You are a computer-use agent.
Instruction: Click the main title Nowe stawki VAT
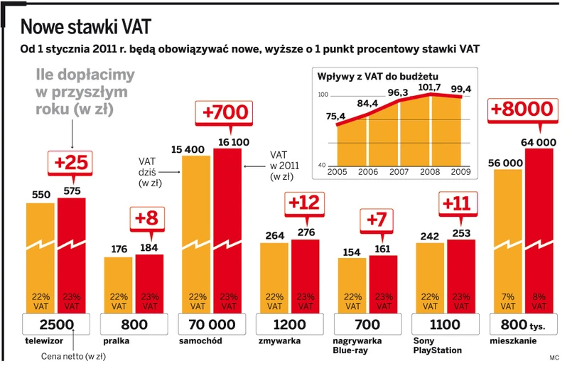pos(85,28)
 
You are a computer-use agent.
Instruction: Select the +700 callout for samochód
pos(225,113)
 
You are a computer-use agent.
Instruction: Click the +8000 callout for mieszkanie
pos(522,109)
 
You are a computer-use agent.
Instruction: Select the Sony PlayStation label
pos(436,345)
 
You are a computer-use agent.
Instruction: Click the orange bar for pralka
pos(118,284)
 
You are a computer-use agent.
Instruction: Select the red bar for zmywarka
pos(306,277)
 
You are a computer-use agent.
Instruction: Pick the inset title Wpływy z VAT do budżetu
pos(378,75)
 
